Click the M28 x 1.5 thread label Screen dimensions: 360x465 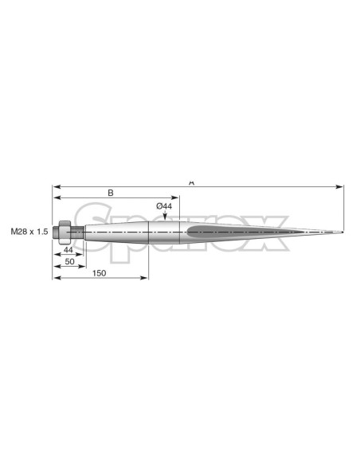(x=29, y=232)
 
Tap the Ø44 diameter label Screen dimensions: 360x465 (x=164, y=206)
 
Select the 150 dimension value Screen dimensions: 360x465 (x=99, y=273)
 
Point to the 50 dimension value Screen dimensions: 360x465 (x=69, y=261)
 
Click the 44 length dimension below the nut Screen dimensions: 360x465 (x=68, y=250)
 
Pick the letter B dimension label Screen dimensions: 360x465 (x=111, y=193)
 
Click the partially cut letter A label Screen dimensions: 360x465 (x=192, y=182)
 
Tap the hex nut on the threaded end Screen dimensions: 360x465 (x=65, y=232)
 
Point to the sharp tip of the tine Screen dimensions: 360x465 (x=343, y=232)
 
